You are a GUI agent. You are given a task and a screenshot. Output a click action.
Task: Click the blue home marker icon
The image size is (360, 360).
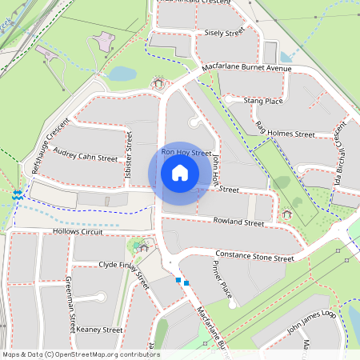[180, 173]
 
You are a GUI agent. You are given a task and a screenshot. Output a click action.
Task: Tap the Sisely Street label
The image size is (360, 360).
[224, 34]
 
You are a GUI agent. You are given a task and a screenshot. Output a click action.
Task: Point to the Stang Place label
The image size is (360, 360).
[263, 102]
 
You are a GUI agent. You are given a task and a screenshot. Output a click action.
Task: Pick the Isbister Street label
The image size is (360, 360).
[128, 158]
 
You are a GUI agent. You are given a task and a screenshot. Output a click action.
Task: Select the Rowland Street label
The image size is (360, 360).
[238, 222]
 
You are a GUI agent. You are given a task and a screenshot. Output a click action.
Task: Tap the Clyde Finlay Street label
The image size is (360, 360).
[124, 271]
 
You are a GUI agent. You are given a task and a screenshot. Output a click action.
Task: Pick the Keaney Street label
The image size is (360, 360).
[99, 329]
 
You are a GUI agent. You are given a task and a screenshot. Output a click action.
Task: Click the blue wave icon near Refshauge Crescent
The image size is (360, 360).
[17, 194]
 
